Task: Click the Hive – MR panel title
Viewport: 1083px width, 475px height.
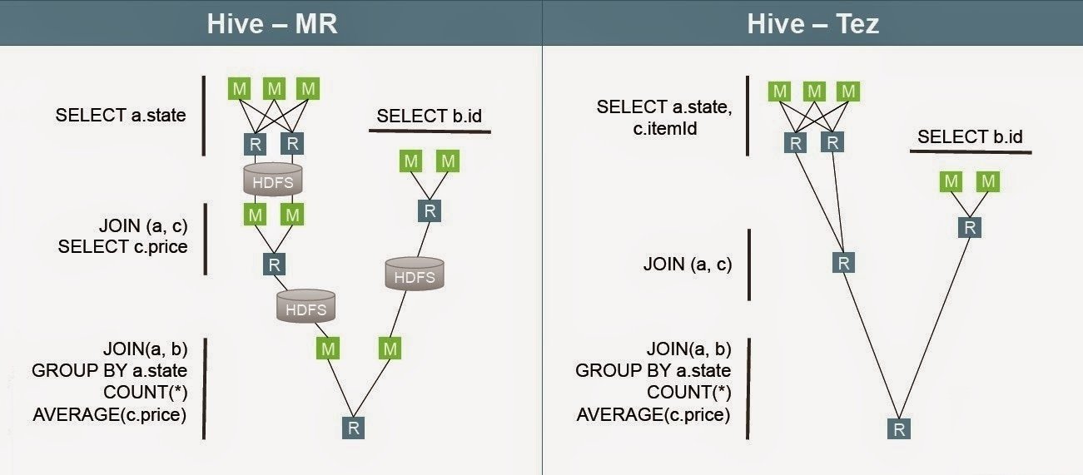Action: click(271, 22)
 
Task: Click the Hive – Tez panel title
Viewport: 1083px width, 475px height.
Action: click(812, 22)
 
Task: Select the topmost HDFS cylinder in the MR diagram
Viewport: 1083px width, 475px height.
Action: click(272, 179)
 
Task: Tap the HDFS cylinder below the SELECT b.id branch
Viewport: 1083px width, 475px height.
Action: click(414, 274)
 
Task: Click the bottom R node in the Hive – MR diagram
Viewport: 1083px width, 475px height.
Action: click(354, 428)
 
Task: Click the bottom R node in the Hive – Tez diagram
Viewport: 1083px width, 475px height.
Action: click(898, 428)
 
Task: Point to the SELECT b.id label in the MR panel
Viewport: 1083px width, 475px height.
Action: click(430, 116)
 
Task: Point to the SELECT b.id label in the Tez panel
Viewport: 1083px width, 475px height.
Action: click(970, 136)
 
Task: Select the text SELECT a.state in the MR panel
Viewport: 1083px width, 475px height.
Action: click(121, 116)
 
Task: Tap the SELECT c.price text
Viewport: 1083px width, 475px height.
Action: click(122, 246)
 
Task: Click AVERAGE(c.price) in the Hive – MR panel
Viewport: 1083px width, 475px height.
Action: click(110, 413)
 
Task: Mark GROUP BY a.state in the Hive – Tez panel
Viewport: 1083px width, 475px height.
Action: click(653, 370)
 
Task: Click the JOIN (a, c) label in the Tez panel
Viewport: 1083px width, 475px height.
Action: click(688, 265)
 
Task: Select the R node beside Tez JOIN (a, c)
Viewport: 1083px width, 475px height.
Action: click(843, 263)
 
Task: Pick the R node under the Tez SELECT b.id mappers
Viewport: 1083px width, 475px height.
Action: click(968, 227)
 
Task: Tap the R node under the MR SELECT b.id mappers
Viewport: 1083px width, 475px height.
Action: click(430, 210)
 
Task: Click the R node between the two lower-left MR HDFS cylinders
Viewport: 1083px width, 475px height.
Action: click(274, 265)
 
